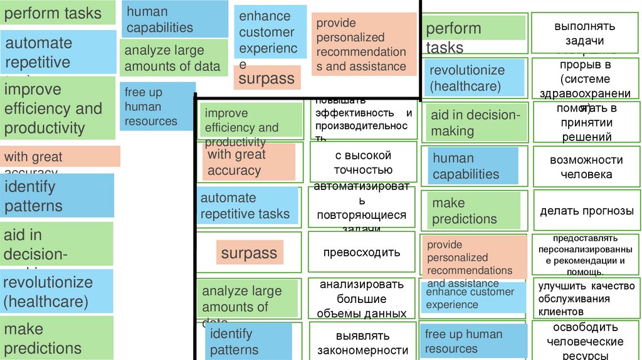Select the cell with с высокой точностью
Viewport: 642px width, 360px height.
[x=362, y=162]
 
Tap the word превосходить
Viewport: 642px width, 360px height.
[x=362, y=253]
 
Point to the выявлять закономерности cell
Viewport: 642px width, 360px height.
[x=362, y=342]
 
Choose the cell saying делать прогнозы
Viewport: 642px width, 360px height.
[x=587, y=211]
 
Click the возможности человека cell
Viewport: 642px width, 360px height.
[x=586, y=167]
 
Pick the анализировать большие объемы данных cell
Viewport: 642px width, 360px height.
[x=362, y=299]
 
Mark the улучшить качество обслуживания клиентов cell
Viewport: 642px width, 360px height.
[x=586, y=298]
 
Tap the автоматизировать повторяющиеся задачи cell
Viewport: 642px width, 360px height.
[x=362, y=207]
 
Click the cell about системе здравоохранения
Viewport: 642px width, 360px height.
[x=586, y=78]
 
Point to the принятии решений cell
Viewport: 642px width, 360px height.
[x=586, y=122]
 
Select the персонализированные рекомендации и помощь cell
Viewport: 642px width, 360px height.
[x=586, y=254]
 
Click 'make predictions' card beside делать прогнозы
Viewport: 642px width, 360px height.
[x=474, y=211]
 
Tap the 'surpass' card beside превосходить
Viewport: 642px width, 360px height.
[x=249, y=253]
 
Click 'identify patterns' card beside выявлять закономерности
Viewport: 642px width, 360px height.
[x=249, y=342]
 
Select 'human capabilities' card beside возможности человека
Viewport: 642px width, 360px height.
[x=474, y=166]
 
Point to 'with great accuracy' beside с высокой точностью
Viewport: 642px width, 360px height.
[x=249, y=162]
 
